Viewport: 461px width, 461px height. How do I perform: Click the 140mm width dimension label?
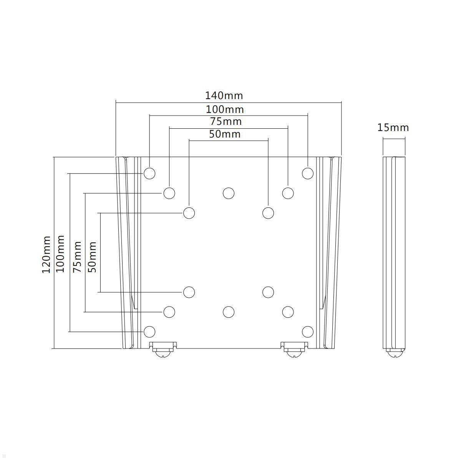(224, 95)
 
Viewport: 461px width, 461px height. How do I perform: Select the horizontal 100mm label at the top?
(225, 109)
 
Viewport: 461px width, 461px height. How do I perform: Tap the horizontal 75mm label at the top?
(226, 121)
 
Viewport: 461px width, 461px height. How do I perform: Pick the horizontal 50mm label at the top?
(225, 134)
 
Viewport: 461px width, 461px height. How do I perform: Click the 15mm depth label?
(393, 128)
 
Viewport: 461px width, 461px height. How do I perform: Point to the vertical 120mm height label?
(46, 254)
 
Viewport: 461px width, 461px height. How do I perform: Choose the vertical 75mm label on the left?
(77, 257)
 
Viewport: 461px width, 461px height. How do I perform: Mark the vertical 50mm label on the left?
(92, 257)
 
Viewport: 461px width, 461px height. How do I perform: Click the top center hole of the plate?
(229, 193)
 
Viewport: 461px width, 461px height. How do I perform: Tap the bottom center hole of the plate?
(229, 312)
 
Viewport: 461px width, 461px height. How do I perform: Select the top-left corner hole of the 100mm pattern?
(149, 173)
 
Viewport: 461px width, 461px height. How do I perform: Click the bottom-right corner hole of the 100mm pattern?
(308, 332)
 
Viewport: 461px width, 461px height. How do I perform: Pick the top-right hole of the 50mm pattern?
(268, 213)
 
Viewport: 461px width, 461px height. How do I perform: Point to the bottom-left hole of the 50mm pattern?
(189, 292)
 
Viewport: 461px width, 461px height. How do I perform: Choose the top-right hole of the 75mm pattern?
(288, 193)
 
